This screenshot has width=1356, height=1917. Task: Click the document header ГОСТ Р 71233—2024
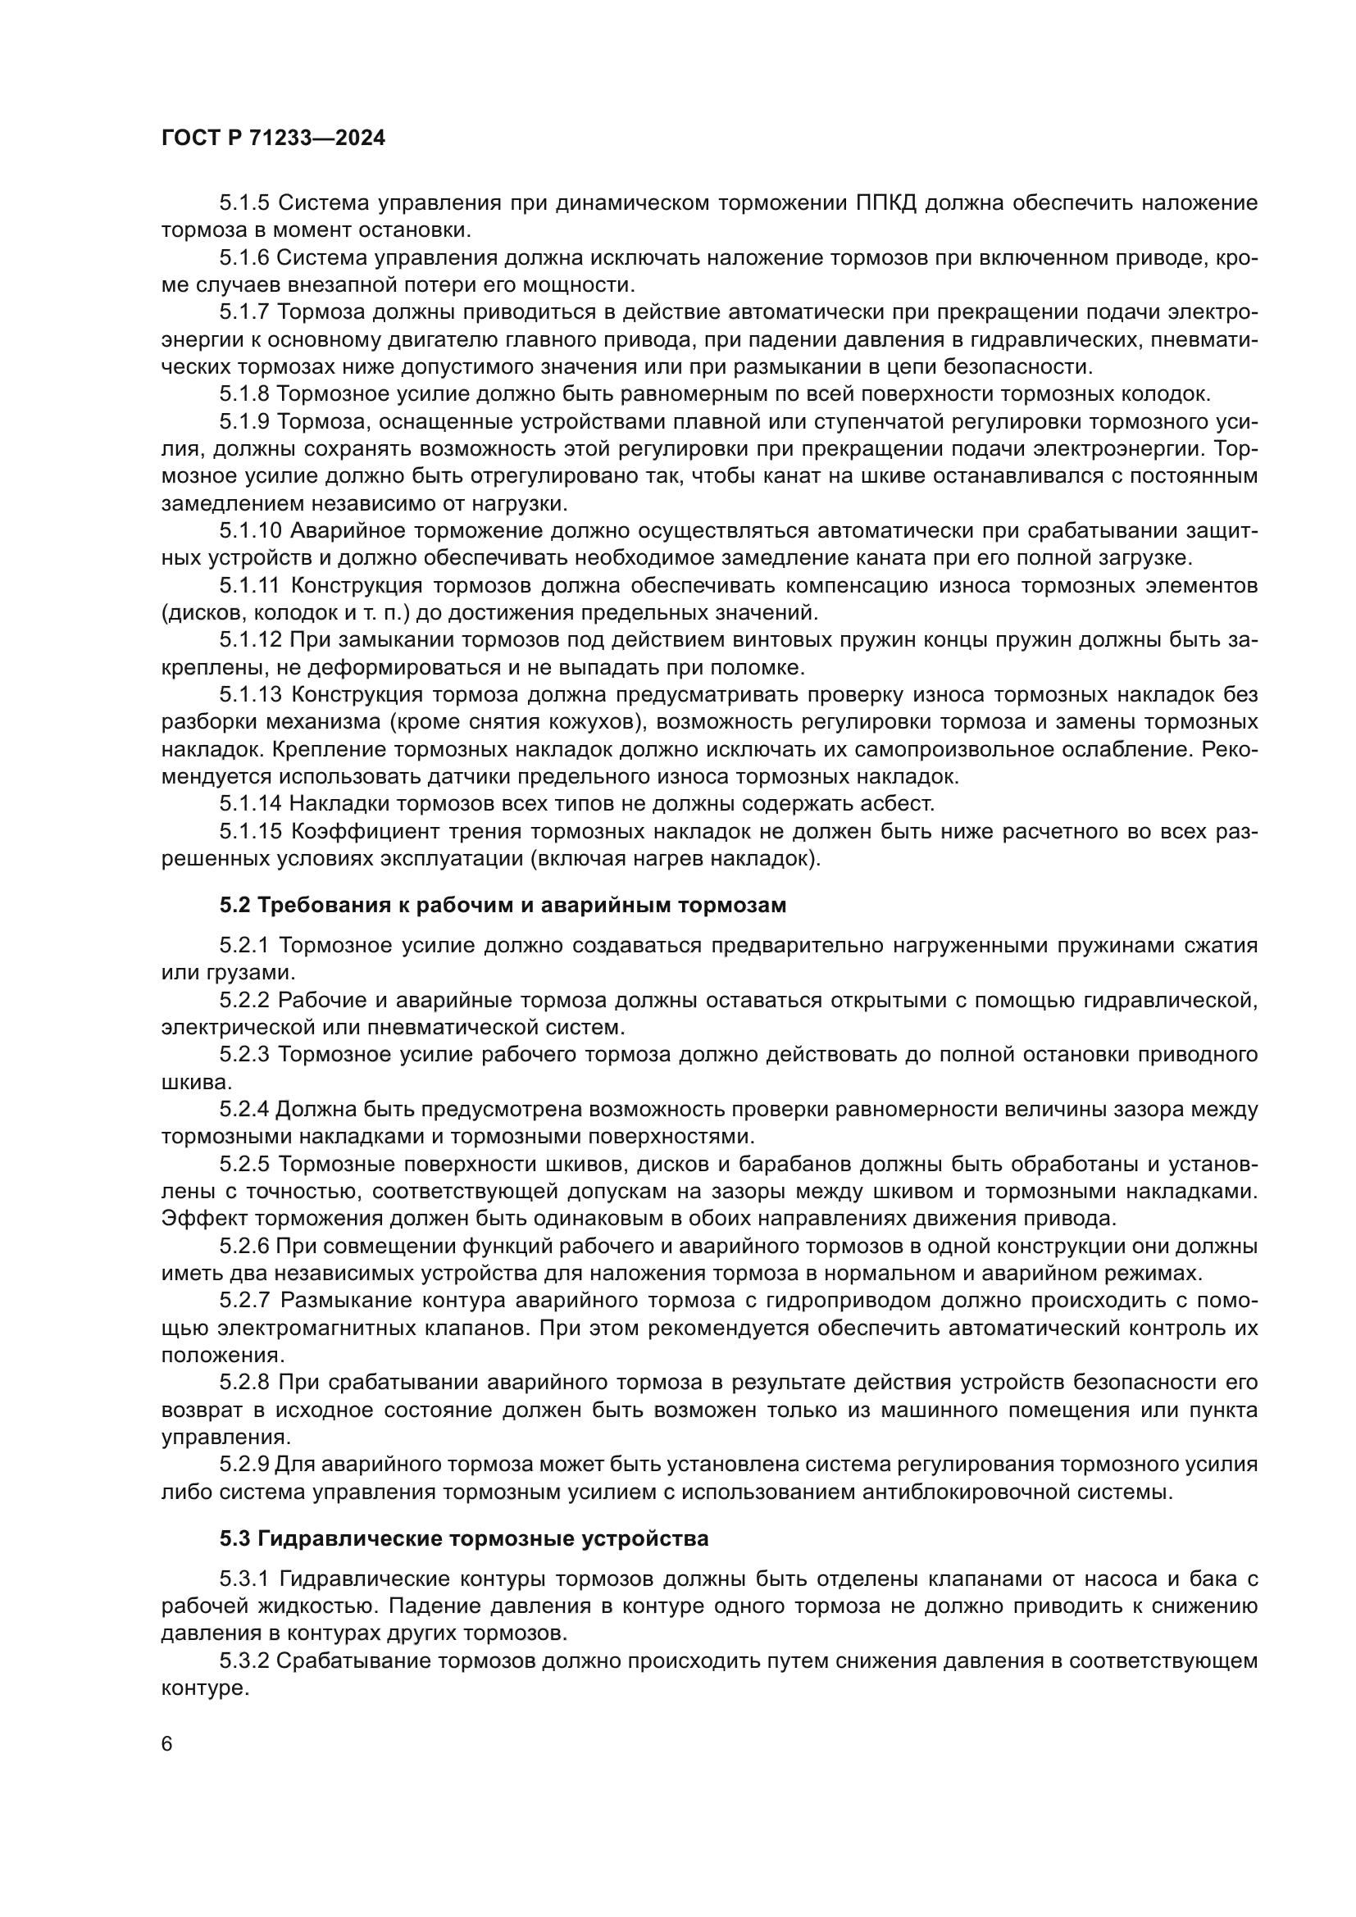pos(273,139)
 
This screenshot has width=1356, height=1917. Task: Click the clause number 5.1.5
pos(244,203)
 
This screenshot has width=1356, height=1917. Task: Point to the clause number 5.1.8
pos(244,393)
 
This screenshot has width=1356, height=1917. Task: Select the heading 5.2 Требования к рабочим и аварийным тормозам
pos(503,905)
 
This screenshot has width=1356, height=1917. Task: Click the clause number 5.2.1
pos(244,945)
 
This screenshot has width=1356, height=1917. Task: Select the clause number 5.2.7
pos(244,1300)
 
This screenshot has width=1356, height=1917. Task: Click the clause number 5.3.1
pos(244,1579)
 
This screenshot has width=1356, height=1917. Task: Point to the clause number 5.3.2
pos(244,1660)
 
